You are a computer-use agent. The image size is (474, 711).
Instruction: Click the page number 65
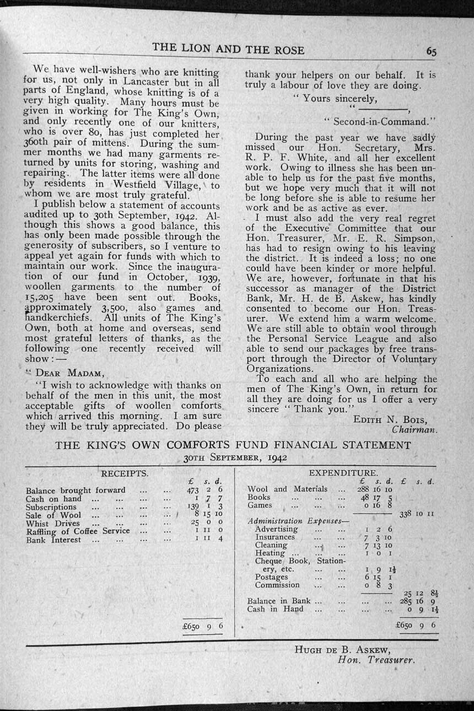pos(431,51)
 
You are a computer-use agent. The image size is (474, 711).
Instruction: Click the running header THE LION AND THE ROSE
pos(228,49)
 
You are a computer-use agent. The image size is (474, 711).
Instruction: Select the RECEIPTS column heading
pos(125,473)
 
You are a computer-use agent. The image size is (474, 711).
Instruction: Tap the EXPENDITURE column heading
pos(343,473)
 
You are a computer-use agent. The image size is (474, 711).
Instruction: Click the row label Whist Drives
pos(53,523)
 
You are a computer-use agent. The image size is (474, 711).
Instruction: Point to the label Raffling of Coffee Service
pos(78,531)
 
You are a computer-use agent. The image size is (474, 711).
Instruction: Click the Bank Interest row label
pos(53,540)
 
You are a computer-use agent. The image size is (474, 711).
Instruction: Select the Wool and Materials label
pos(287,489)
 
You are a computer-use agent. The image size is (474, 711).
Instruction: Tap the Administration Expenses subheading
pos(294,521)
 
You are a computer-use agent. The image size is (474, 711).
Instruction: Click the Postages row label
pos(271,577)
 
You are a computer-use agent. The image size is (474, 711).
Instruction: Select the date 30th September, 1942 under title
pos(236,457)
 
